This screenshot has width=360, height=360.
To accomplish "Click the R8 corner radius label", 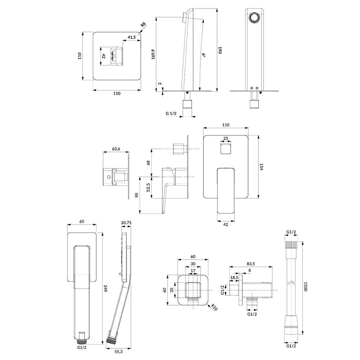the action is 143,24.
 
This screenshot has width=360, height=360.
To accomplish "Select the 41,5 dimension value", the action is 131,37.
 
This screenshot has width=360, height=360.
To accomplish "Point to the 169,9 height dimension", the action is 153,54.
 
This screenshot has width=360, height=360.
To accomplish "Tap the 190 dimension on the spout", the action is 220,50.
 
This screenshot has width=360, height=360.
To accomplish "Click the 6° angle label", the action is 203,55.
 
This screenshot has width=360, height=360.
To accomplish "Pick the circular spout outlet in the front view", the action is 255,18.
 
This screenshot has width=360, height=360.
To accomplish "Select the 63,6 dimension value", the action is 116,149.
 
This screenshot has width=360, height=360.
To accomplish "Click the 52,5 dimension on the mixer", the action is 148,187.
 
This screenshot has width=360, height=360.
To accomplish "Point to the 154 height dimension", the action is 261,167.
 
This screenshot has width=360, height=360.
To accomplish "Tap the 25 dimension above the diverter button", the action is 226,138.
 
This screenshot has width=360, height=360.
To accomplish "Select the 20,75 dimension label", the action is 126,222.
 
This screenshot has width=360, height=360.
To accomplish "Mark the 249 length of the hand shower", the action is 105,288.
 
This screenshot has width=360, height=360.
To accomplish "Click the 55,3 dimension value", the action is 118,351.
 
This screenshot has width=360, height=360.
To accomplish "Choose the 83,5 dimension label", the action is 251,264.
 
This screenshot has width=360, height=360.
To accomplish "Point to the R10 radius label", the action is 214,307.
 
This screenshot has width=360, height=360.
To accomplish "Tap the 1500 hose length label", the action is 305,287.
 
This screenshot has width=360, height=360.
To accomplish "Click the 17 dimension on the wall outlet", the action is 193,271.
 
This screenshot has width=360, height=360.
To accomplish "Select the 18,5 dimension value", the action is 234,278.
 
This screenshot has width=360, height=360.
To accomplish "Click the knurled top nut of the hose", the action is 291,244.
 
